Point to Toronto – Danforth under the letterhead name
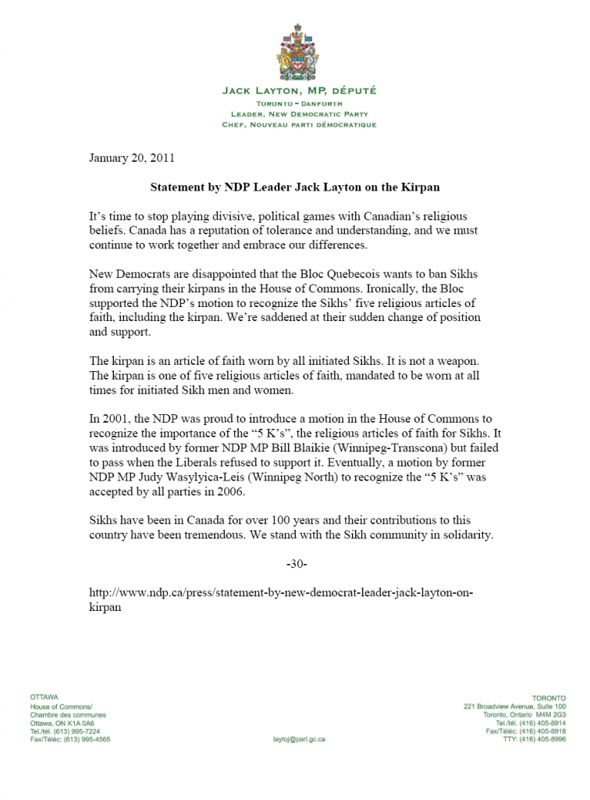pos(299,103)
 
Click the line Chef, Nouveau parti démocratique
pos(299,125)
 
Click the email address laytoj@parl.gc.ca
pos(299,738)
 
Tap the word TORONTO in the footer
pos(549,697)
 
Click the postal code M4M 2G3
pos(550,714)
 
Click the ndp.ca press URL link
pos(281,593)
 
